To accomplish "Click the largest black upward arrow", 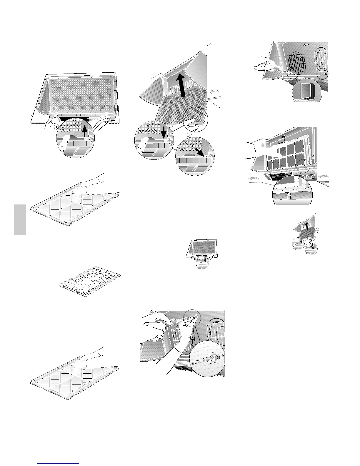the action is [184, 86].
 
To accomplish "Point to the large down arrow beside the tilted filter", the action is [164, 134].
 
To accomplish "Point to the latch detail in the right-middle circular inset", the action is [291, 194].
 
